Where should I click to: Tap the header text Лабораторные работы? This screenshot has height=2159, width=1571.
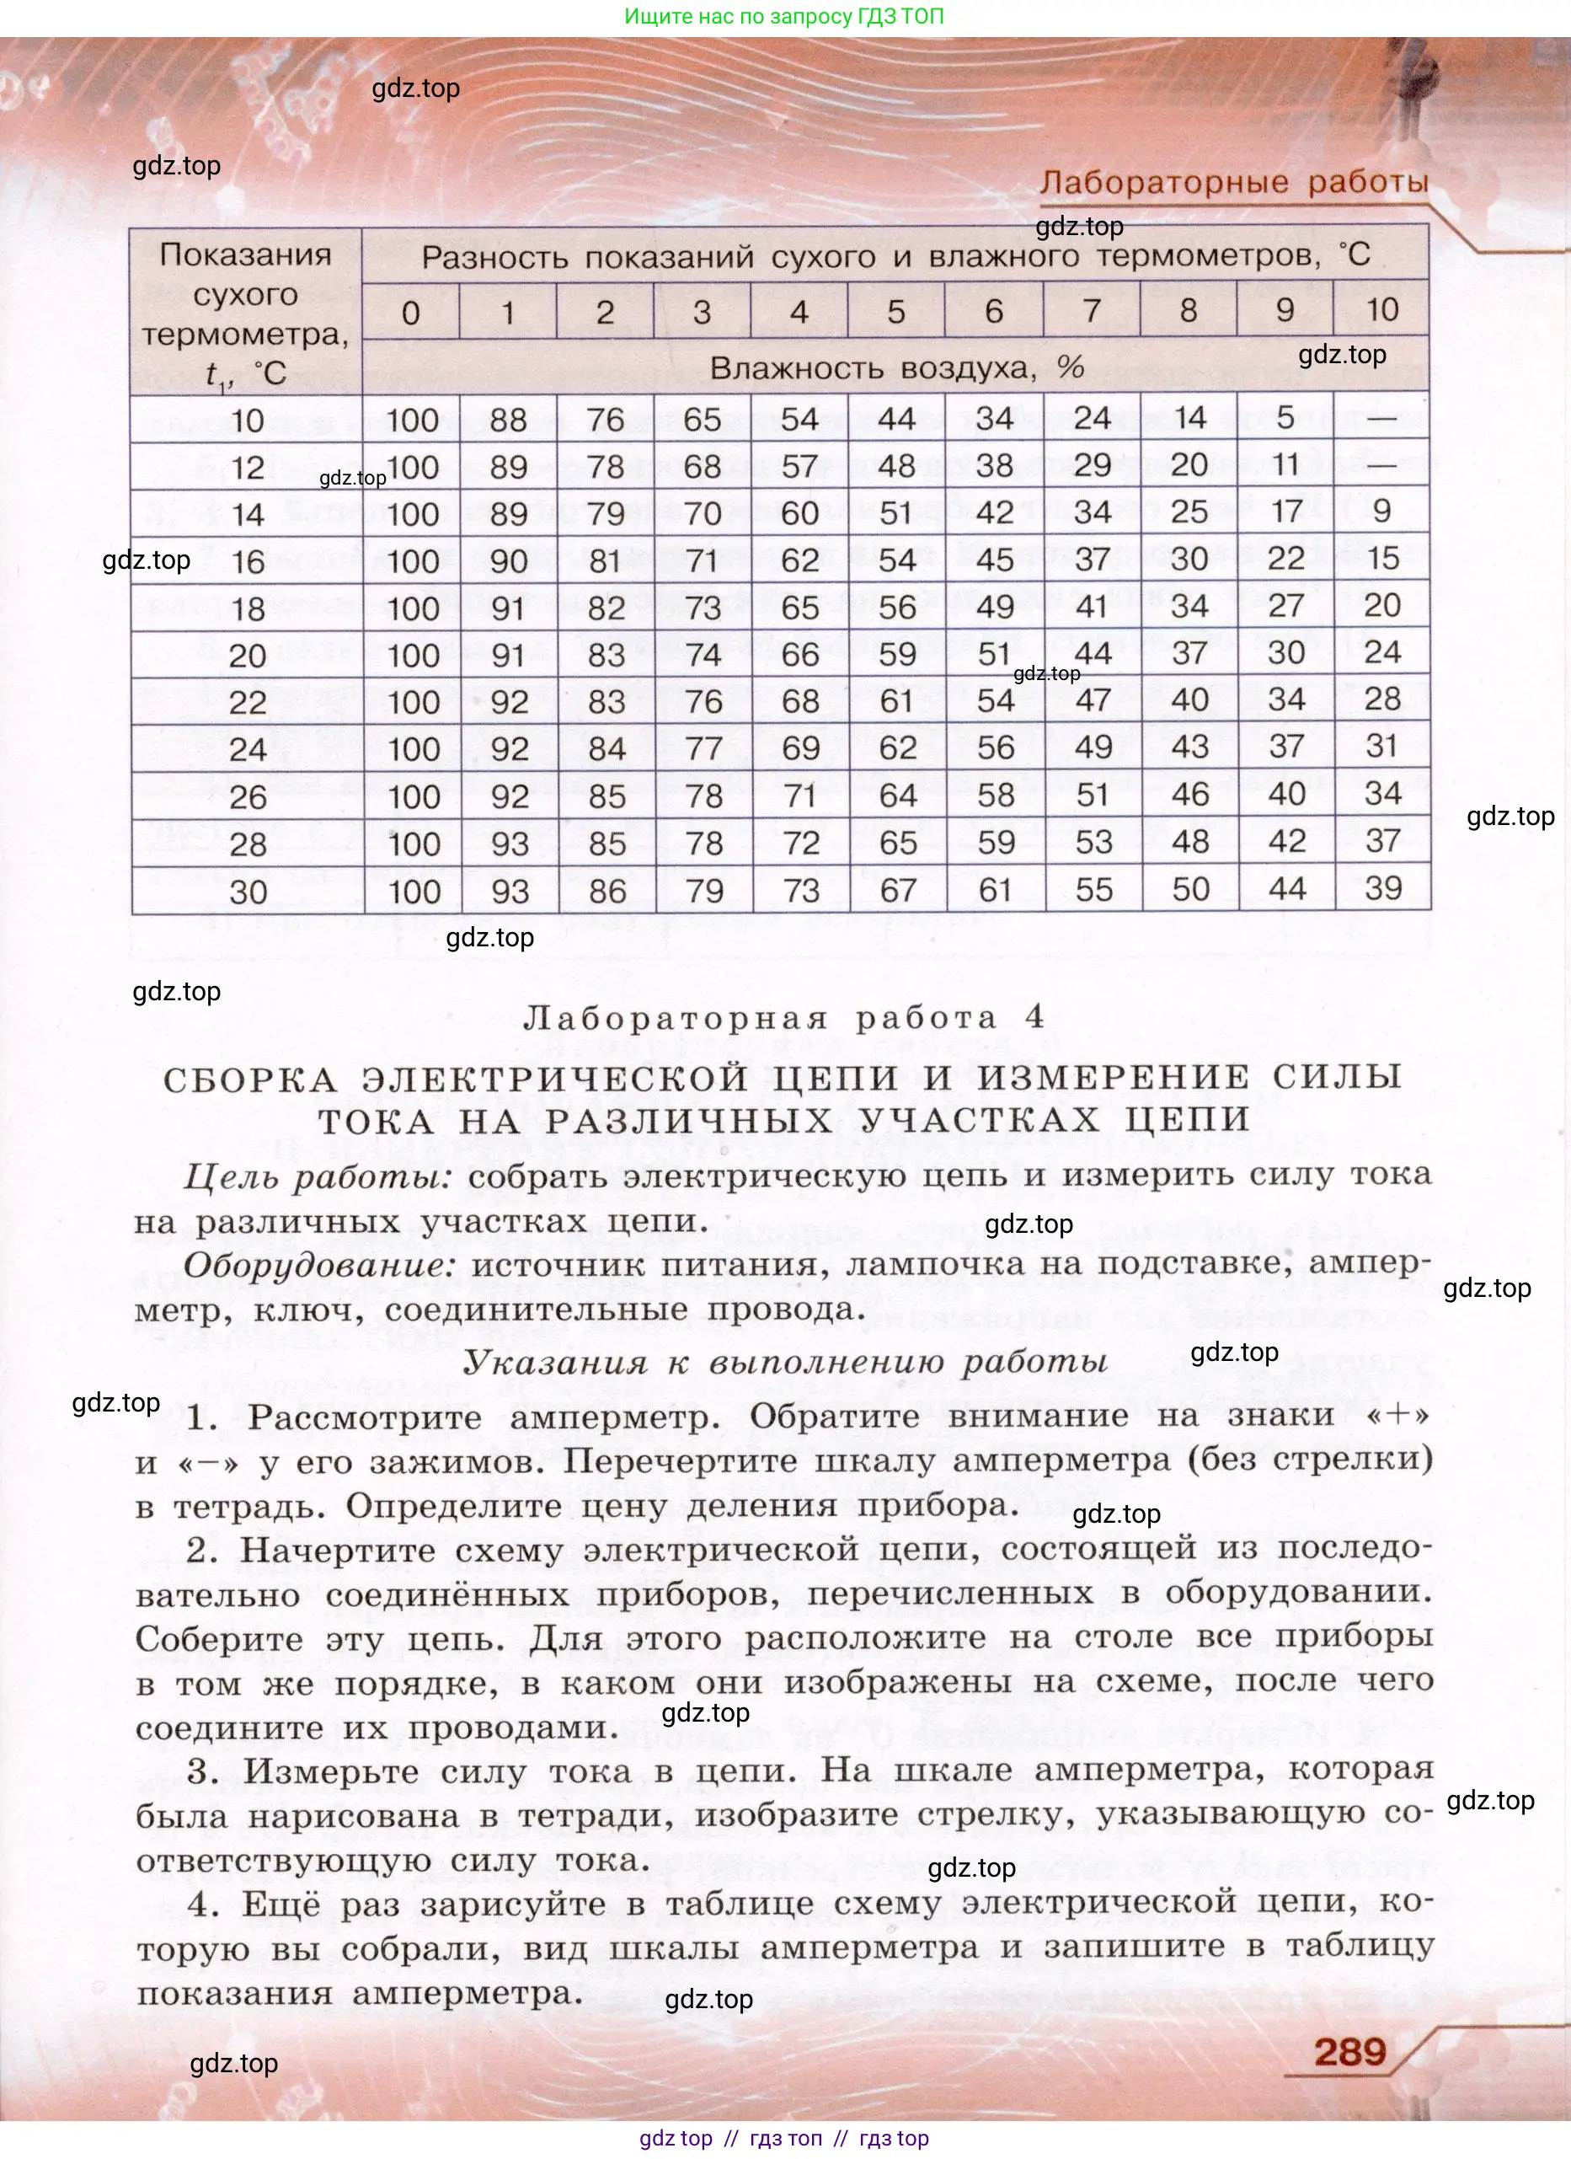click(x=1233, y=182)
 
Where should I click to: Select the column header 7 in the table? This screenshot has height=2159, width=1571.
click(x=1092, y=310)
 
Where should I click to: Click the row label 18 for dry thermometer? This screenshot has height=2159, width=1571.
click(x=248, y=608)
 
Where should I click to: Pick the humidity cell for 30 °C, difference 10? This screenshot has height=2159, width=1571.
click(x=1382, y=888)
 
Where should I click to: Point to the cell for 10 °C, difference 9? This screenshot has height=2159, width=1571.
click(x=1285, y=418)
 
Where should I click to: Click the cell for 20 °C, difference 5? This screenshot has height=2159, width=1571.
click(x=897, y=654)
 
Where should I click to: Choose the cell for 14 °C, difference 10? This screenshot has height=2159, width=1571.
click(x=1382, y=512)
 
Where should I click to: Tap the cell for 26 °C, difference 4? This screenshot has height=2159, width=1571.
click(x=800, y=795)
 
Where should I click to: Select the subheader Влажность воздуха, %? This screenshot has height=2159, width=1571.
click(x=896, y=367)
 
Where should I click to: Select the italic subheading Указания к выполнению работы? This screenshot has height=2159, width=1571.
click(x=785, y=1362)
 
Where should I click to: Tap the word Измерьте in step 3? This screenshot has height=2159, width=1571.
click(x=337, y=1771)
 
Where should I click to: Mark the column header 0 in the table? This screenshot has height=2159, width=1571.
click(x=411, y=313)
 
